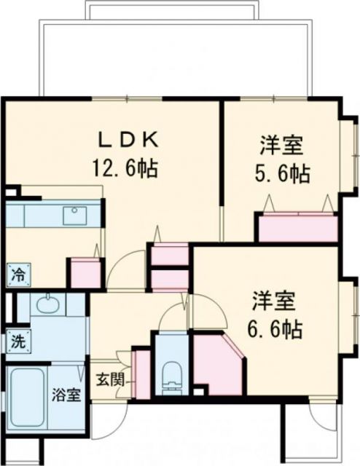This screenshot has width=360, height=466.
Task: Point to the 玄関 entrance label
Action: click(x=111, y=379)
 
